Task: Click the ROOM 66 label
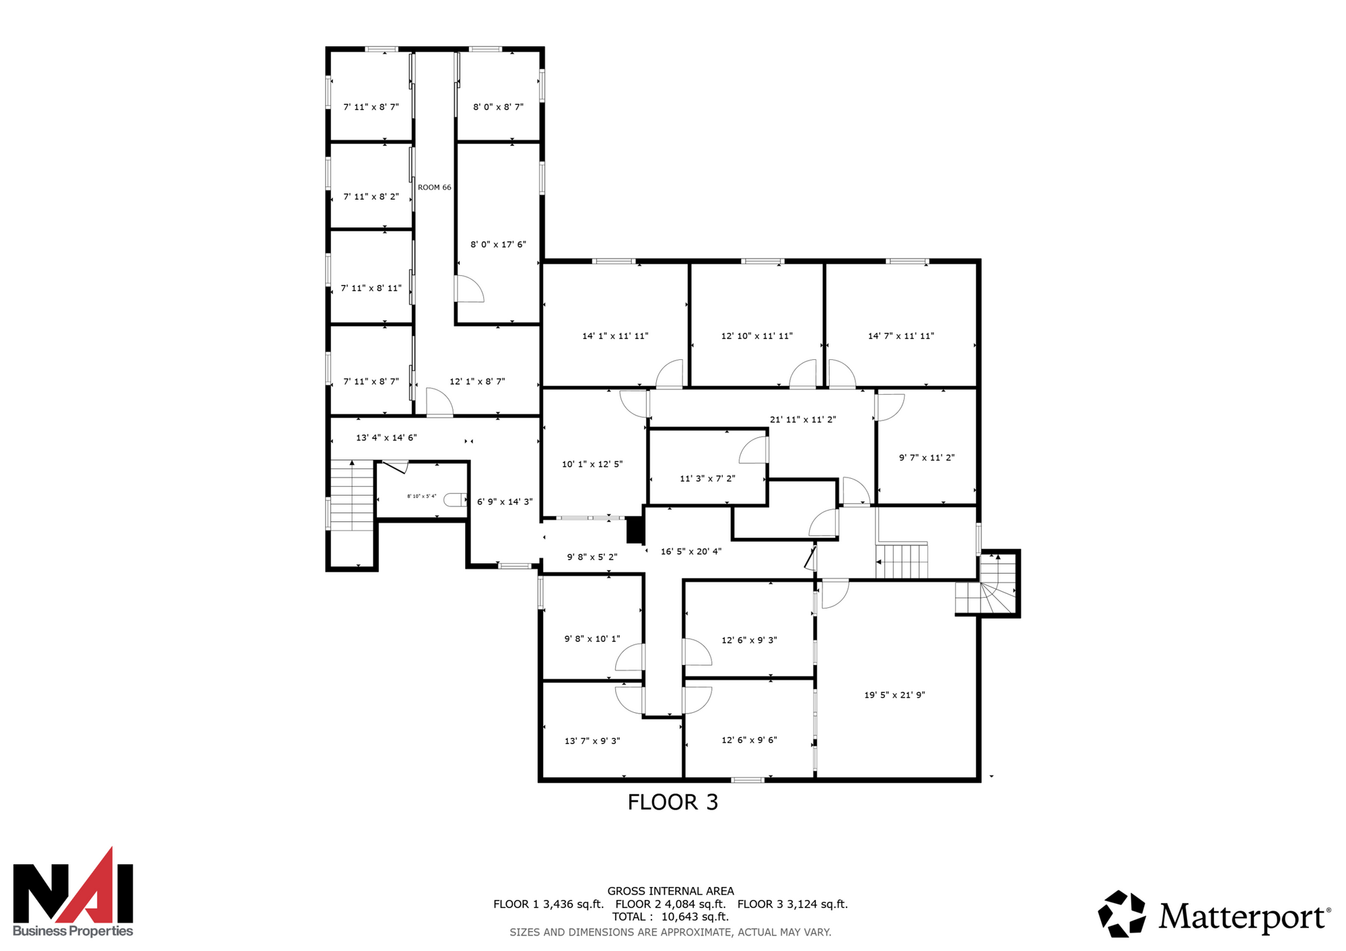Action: (434, 188)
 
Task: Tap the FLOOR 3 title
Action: (673, 802)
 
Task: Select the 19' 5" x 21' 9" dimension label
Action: (894, 695)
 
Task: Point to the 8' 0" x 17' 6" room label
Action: (498, 245)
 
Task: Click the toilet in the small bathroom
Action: (456, 499)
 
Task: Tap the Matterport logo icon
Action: (1121, 914)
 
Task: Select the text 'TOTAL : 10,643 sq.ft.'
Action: (670, 917)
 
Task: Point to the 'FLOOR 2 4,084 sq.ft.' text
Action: (670, 904)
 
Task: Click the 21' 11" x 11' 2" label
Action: (803, 420)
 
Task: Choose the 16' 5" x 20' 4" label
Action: (691, 551)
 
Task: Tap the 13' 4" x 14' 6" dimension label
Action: (386, 438)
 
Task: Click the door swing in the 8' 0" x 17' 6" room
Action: (470, 289)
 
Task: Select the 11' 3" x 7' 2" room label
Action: (707, 479)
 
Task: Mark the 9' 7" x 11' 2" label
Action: (927, 458)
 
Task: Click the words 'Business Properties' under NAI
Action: (73, 931)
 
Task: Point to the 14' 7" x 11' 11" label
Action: (901, 336)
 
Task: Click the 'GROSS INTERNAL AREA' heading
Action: (670, 891)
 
